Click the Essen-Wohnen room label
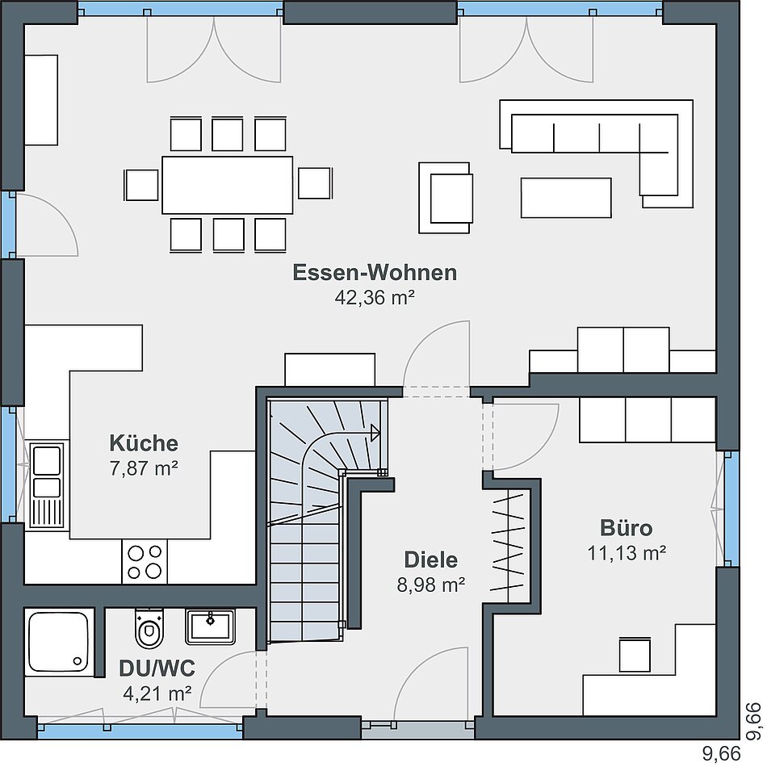click(x=375, y=272)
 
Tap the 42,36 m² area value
click(x=375, y=297)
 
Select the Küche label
click(x=144, y=443)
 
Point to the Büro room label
click(x=627, y=528)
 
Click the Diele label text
click(x=431, y=560)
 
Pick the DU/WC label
click(x=157, y=669)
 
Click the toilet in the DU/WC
click(x=149, y=629)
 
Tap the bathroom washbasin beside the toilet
click(x=211, y=627)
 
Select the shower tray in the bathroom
click(x=59, y=643)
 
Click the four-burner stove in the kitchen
click(x=145, y=562)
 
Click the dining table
click(x=228, y=185)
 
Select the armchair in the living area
click(x=446, y=198)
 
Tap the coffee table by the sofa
click(x=566, y=198)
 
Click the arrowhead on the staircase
click(x=375, y=433)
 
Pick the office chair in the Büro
click(x=635, y=655)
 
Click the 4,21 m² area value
click(x=157, y=694)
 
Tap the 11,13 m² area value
click(x=627, y=553)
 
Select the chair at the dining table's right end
click(x=315, y=183)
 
